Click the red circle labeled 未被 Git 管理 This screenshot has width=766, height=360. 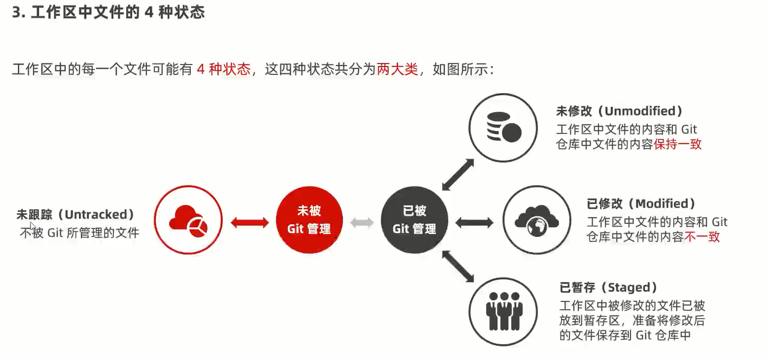coord(309,221)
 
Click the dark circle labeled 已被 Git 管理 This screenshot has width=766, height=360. coord(415,221)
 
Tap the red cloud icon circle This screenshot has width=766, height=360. coord(188,220)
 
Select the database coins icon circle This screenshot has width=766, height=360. coord(503,127)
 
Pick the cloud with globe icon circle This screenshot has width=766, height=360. coord(537,220)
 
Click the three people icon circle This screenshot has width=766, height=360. coord(503,312)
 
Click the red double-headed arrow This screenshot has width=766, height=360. coord(250,222)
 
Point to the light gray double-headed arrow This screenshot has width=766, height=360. coord(362,222)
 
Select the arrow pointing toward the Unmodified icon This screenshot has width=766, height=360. coord(458,175)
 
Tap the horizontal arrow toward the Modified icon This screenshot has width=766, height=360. coord(474,222)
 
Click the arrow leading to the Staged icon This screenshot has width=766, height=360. coord(458,267)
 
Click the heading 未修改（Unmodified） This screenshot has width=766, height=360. coord(619,111)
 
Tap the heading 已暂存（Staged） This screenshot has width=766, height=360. coord(608,287)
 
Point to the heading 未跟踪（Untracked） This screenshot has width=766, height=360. coord(75,215)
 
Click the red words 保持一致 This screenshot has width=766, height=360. coord(678,145)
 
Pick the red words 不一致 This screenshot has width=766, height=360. coord(702,237)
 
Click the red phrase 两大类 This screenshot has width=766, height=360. coord(397,69)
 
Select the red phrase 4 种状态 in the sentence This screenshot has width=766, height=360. coord(223,69)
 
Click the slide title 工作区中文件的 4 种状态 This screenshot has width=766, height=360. coord(108,12)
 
